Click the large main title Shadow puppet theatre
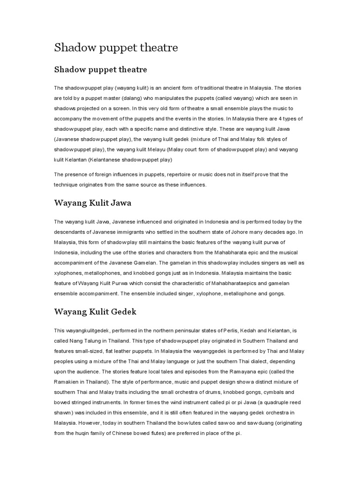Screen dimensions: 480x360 [x=116, y=47]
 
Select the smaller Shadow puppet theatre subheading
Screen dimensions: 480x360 [x=101, y=70]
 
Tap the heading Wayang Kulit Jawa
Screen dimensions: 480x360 [x=93, y=203]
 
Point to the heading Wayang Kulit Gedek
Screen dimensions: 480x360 [x=95, y=311]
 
